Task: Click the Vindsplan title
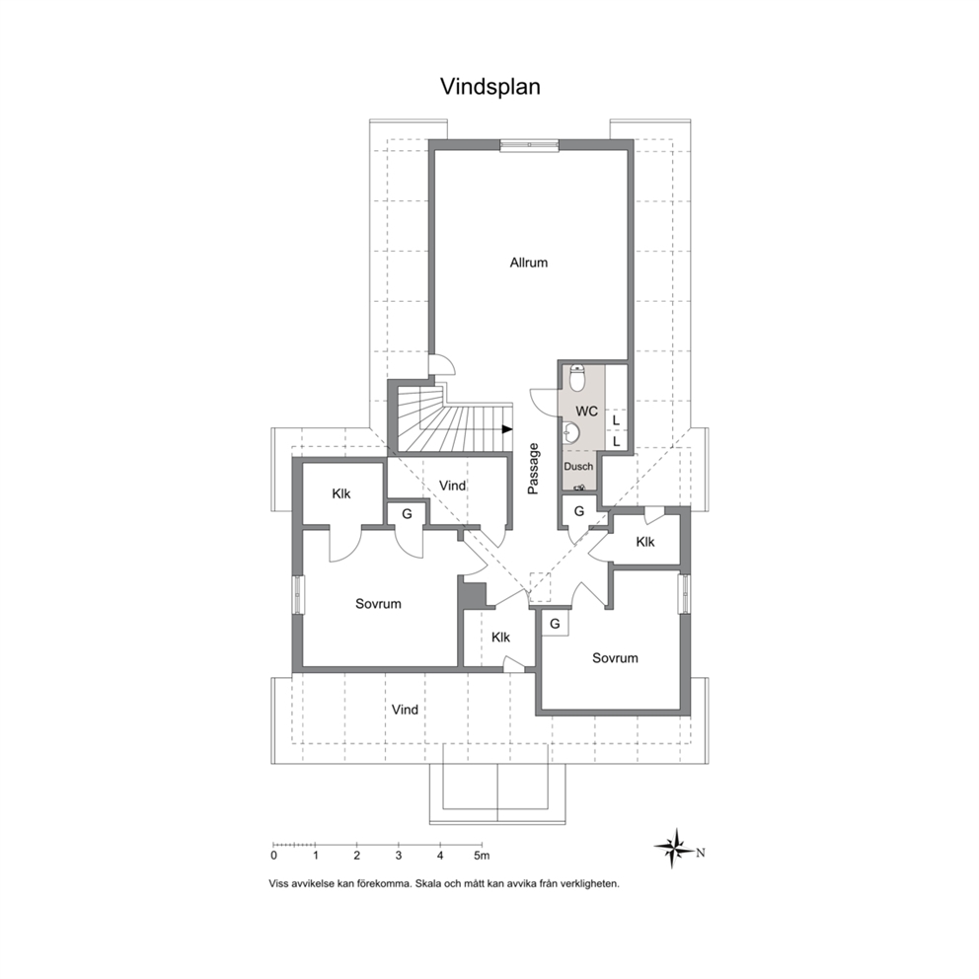click(x=490, y=87)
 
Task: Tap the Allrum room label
click(x=529, y=263)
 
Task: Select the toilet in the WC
click(x=577, y=377)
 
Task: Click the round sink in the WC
click(x=570, y=431)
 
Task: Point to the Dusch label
click(x=578, y=467)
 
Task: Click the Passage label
click(x=533, y=469)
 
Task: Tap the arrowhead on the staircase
click(x=507, y=429)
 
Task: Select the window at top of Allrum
click(x=529, y=145)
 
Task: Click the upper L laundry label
click(x=616, y=420)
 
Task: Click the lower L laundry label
click(x=616, y=442)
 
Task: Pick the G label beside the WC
click(x=578, y=511)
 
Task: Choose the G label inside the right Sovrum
click(x=555, y=624)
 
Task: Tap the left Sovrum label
click(x=378, y=604)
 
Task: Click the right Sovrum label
click(x=615, y=658)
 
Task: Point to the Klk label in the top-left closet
click(x=341, y=493)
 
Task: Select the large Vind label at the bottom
click(x=405, y=710)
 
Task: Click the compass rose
click(x=676, y=848)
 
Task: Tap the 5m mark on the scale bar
click(x=482, y=856)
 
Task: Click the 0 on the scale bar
click(x=274, y=856)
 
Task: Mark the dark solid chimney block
click(x=475, y=594)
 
